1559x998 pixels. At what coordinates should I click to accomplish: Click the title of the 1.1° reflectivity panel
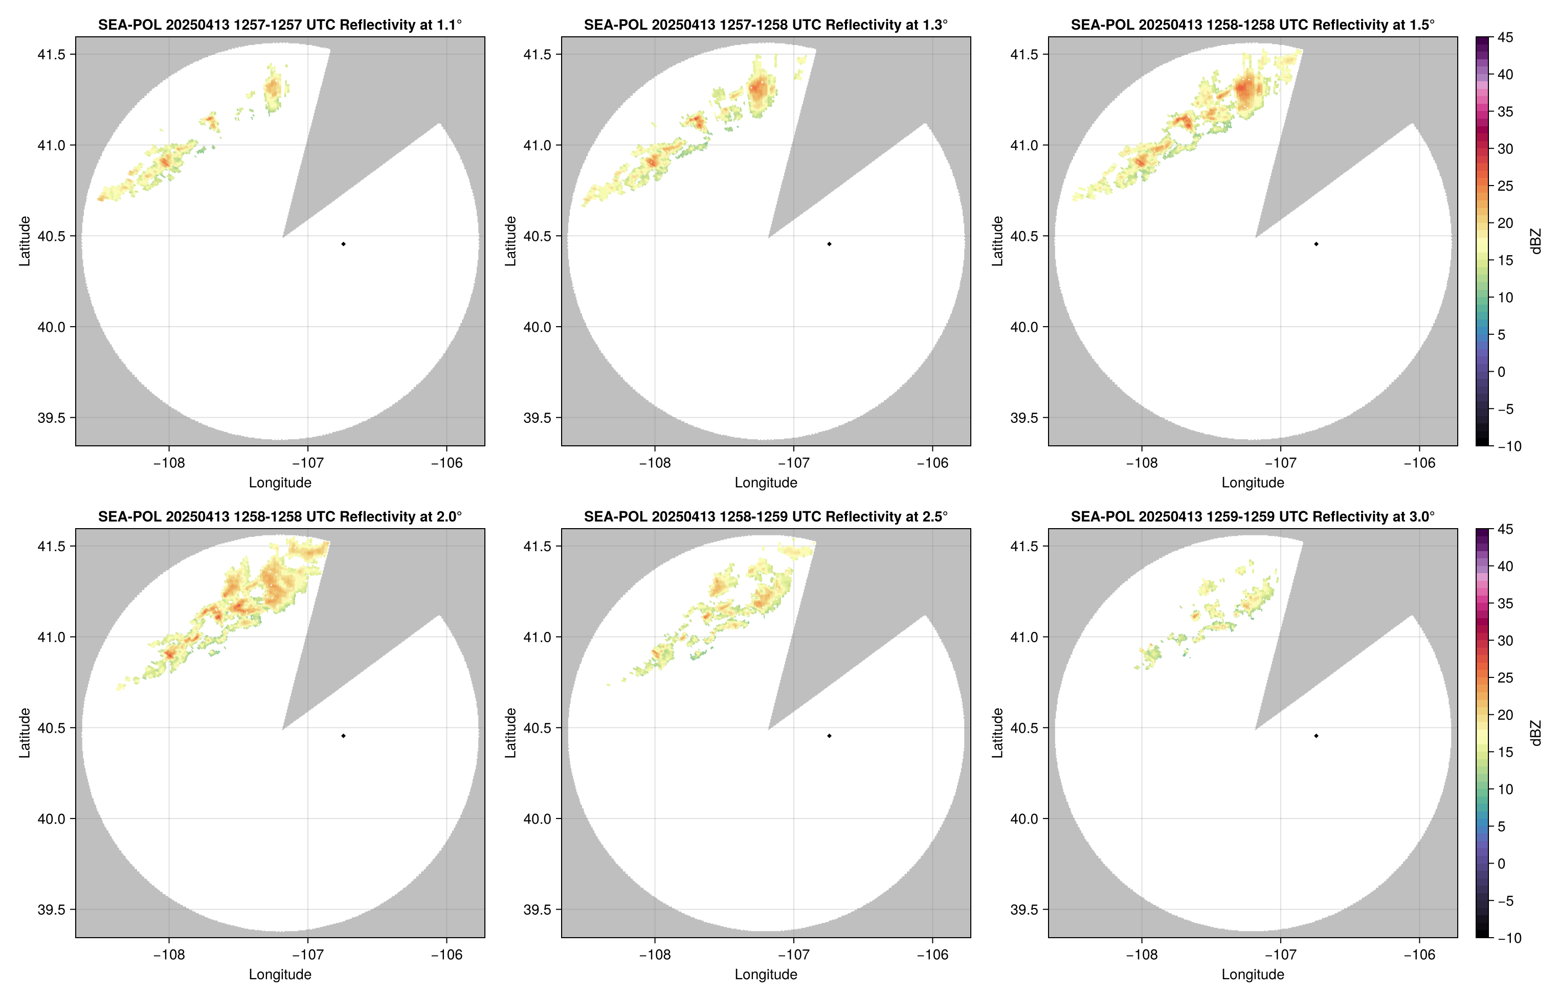(x=280, y=25)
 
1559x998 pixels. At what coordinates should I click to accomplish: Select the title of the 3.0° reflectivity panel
(x=1253, y=516)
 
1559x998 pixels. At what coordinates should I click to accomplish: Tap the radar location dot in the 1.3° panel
(x=829, y=244)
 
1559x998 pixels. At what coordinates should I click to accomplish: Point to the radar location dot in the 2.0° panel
(x=343, y=736)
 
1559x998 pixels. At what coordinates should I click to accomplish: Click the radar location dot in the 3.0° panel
(x=1316, y=736)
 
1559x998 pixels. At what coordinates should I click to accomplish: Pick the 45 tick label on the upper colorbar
(x=1505, y=38)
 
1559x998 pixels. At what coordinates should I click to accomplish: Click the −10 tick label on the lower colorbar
(x=1508, y=938)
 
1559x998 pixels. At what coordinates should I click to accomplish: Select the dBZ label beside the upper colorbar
(x=1535, y=241)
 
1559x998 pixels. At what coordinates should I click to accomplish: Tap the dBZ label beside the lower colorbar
(x=1535, y=733)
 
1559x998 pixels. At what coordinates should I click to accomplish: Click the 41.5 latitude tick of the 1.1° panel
(x=52, y=54)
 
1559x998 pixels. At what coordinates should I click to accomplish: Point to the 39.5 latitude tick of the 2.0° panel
(x=52, y=909)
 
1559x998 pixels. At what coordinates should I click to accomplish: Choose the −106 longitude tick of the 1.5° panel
(x=1419, y=463)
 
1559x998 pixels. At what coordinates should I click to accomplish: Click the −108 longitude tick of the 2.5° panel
(x=655, y=955)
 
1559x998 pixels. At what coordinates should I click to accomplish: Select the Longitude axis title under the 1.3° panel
(x=766, y=483)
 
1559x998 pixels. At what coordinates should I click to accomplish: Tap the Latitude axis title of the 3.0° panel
(x=997, y=733)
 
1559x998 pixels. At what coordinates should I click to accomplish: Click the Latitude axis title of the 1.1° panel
(x=25, y=241)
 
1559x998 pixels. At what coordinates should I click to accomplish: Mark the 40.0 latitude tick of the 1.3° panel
(x=538, y=327)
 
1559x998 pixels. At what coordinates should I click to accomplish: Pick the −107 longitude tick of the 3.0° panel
(x=1280, y=955)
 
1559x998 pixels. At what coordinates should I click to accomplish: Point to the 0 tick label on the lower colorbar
(x=1501, y=863)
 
